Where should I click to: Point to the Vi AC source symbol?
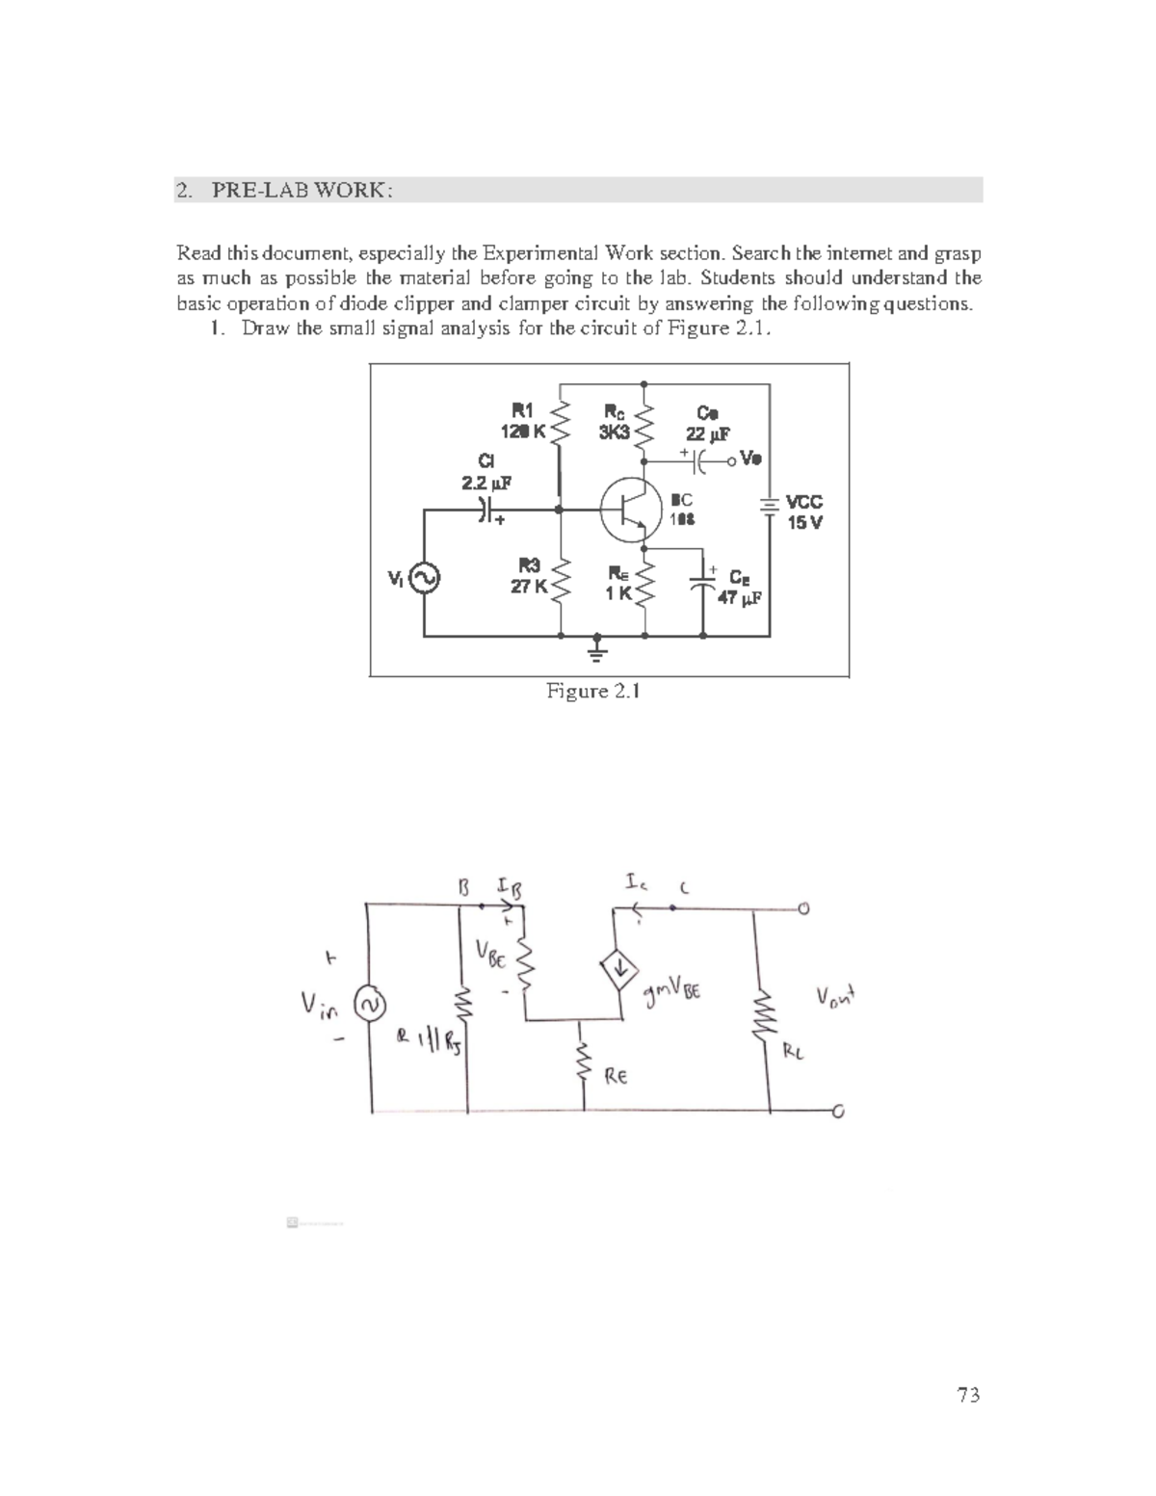coord(425,578)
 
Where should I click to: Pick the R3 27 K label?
coord(528,576)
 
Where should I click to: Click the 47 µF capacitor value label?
coord(740,597)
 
